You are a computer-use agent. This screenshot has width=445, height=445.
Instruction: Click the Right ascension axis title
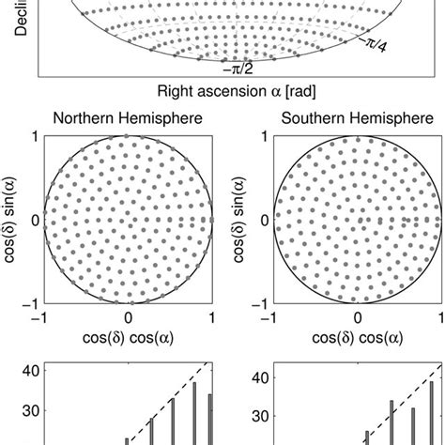(222, 92)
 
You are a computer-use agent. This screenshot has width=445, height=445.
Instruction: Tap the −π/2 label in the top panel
(235, 68)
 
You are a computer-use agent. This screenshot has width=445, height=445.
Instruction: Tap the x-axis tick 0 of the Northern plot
(129, 318)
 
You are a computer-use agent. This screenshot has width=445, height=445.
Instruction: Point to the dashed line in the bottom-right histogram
(394, 404)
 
